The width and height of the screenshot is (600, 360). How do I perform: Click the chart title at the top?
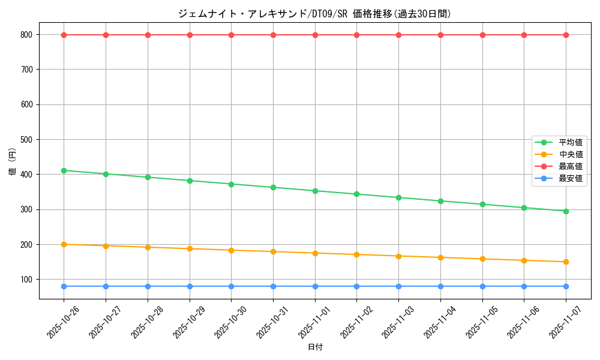(314, 14)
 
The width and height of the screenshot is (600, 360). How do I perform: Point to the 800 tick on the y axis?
(26, 35)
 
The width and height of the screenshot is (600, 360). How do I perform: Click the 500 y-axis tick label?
(26, 140)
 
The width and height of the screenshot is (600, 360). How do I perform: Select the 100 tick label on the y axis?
(26, 280)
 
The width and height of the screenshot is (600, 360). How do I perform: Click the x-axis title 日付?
(315, 347)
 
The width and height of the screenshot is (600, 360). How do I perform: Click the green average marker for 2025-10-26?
(64, 170)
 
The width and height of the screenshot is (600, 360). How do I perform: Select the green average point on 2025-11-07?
(566, 211)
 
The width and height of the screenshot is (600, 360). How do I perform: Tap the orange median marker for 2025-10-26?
(64, 244)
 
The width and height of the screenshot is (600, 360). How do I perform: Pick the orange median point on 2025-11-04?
(440, 257)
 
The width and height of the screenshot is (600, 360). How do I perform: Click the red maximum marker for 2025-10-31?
(273, 35)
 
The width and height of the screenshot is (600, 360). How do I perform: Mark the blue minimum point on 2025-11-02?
(356, 286)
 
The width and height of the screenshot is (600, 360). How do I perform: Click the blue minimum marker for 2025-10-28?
(148, 286)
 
